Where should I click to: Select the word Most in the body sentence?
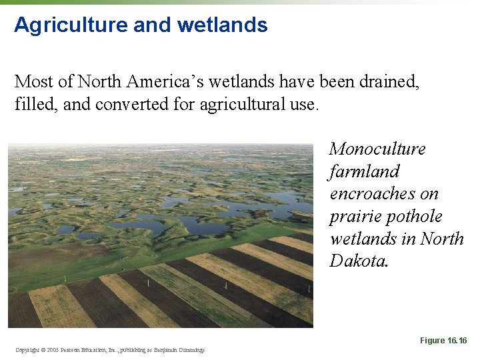point(32,82)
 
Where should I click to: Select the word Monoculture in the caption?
point(377,149)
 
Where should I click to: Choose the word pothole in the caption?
point(418,217)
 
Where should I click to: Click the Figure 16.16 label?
point(443,341)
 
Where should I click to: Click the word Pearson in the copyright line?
point(75,349)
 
